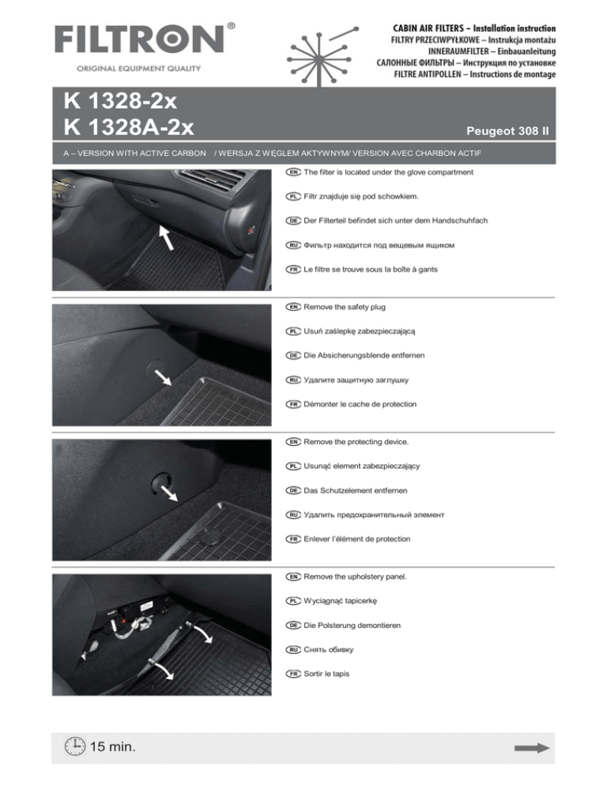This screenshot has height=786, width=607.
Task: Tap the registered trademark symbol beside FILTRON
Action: pos(230,26)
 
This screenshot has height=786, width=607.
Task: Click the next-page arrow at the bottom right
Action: pos(531,747)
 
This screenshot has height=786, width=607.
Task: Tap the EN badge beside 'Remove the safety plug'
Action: pos(292,306)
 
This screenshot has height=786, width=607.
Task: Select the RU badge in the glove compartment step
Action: pos(292,245)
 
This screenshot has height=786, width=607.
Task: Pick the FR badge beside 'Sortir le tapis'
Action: pos(292,674)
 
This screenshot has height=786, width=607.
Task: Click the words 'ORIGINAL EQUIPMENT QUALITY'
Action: pos(127,68)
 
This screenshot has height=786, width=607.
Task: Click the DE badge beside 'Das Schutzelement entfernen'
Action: pos(292,490)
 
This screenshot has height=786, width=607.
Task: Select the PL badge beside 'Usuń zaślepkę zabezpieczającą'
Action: pos(292,331)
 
